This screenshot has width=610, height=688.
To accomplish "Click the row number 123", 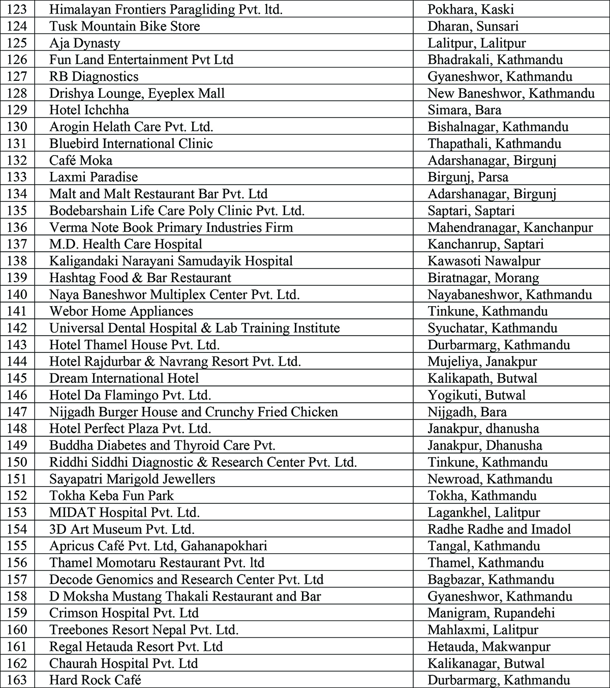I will (x=17, y=9).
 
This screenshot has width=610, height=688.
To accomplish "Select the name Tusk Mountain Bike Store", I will (x=125, y=26).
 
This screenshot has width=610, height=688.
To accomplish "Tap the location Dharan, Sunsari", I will (x=473, y=26).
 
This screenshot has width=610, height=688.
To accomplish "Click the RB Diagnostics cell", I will (x=94, y=76).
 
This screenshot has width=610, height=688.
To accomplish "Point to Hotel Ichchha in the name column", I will (x=89, y=110).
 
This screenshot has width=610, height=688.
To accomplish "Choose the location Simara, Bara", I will (x=464, y=110).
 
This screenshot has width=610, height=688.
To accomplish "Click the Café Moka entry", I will (x=81, y=160).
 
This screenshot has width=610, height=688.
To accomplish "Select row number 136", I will (x=17, y=227).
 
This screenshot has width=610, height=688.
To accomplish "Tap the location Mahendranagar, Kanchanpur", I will (x=510, y=227).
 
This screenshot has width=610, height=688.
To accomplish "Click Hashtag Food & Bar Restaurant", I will (x=140, y=278).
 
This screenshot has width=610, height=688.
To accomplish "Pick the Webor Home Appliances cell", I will (x=121, y=311).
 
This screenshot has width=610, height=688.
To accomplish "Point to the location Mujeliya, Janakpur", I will (x=482, y=362).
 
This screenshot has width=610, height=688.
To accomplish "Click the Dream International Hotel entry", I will (x=124, y=378).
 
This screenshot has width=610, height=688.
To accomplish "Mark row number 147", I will (x=17, y=412).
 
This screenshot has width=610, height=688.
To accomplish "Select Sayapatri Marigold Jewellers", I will (x=132, y=479).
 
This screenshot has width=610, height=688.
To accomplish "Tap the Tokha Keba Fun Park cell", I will (x=111, y=496).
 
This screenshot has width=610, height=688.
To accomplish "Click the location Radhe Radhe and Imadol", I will (x=499, y=529).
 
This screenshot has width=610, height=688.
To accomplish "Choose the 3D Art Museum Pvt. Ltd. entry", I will (x=122, y=529).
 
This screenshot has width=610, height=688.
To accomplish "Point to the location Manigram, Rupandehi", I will (x=491, y=613).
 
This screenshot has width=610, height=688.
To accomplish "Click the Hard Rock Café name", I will (x=95, y=680).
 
